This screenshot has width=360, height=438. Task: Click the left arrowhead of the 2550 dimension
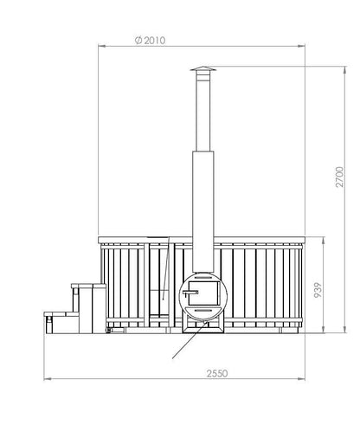[x=48, y=379]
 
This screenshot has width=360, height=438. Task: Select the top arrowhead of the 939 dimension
[x=326, y=240]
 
